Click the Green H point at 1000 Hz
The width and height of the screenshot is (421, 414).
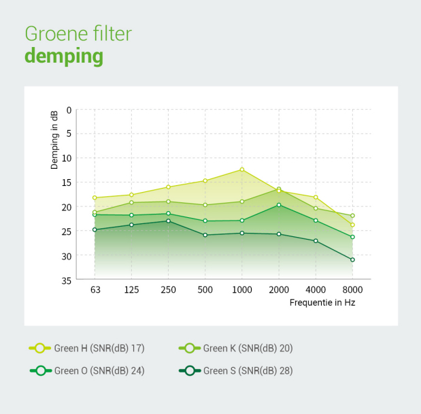point(242,170)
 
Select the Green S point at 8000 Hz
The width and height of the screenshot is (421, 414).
point(352,259)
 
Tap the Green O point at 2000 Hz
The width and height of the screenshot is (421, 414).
point(279,205)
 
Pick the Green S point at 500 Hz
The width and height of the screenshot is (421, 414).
point(205,235)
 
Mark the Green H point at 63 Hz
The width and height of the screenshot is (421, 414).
point(95,198)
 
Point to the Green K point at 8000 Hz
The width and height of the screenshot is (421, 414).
point(352,216)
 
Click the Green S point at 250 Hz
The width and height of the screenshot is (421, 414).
point(169,221)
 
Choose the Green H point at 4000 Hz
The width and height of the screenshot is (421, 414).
point(316,197)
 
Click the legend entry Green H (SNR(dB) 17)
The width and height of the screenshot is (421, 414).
point(87,348)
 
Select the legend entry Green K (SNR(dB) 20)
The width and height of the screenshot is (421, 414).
point(235,348)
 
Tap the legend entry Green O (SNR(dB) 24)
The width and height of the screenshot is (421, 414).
point(87,370)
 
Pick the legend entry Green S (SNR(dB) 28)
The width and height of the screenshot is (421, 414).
point(235,370)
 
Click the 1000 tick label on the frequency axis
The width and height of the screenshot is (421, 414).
point(242,290)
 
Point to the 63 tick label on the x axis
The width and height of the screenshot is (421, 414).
point(95,290)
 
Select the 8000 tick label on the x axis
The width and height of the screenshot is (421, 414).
point(352,290)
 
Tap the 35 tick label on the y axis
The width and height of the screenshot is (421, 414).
point(67,281)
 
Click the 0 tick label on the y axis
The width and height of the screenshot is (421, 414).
point(69,110)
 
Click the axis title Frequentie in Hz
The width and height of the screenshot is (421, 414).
point(322,303)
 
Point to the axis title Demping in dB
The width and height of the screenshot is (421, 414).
point(54,140)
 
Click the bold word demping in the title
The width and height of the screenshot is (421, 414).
point(64,57)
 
